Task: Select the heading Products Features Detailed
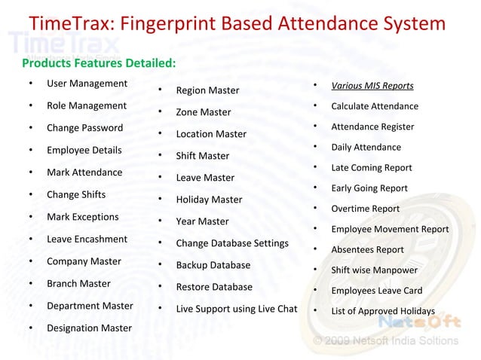point(99,63)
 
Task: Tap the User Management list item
point(87,84)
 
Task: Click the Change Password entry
point(84,128)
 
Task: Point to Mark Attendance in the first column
point(84,172)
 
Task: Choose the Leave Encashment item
point(87,239)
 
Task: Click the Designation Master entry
point(89,328)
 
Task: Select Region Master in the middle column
point(207,91)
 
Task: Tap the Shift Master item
point(202,157)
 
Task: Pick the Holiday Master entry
point(209,200)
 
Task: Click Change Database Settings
point(232,243)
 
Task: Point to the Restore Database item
point(214,287)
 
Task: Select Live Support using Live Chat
point(237,309)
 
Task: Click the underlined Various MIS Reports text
point(372,86)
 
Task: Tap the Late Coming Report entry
point(371,168)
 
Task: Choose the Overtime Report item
point(365,209)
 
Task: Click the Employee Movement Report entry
point(390,230)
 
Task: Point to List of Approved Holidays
point(382,312)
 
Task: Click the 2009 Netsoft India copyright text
point(384,340)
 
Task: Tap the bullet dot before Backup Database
point(161,265)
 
